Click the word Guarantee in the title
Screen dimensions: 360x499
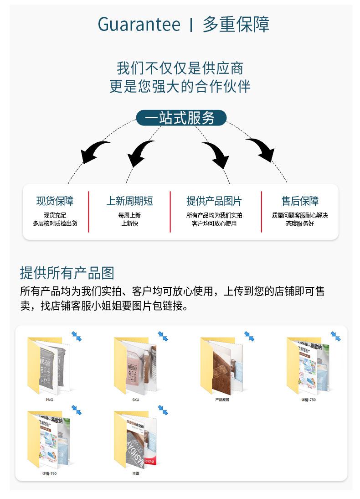click(139, 24)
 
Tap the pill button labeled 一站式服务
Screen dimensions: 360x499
click(181, 118)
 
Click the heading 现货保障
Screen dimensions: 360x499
click(55, 201)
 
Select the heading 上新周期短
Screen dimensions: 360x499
click(130, 201)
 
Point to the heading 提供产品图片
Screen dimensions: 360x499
click(214, 201)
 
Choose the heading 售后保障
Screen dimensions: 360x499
click(300, 201)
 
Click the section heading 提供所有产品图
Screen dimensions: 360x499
click(67, 273)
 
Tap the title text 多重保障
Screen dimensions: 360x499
click(236, 24)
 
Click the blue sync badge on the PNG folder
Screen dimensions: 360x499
click(76, 336)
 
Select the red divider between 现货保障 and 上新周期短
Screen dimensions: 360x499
click(88, 212)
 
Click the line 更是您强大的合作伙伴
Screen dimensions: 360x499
click(180, 86)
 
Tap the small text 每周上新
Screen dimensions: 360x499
click(129, 215)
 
